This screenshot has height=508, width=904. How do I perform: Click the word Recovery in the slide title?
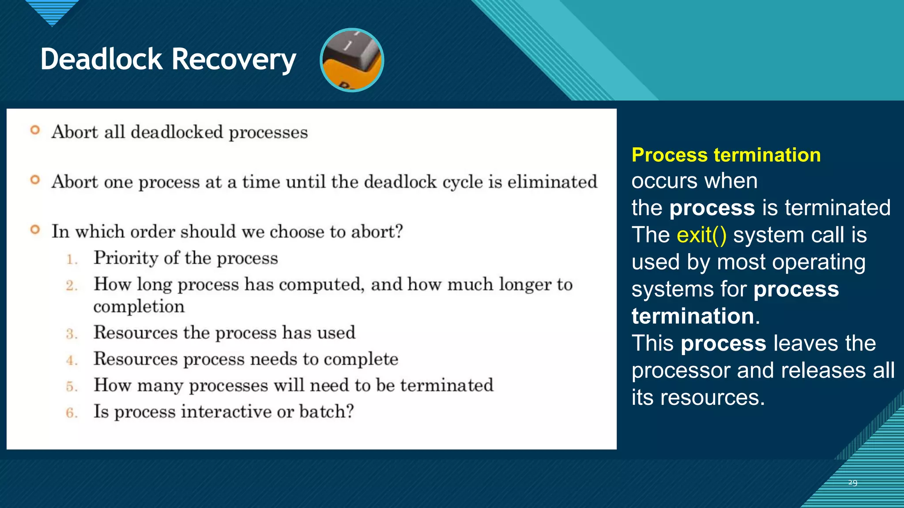(x=234, y=60)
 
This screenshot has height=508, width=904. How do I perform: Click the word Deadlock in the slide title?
(x=102, y=60)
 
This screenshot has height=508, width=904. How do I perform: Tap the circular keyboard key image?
(x=352, y=60)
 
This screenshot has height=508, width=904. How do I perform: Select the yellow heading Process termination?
(x=726, y=155)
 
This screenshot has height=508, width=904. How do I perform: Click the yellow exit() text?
(x=701, y=235)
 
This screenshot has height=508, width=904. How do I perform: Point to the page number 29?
(x=852, y=482)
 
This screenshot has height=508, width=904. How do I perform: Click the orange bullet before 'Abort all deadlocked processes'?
(x=35, y=130)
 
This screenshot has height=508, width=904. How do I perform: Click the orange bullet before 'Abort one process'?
(x=35, y=180)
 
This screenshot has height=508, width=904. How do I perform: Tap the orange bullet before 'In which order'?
(x=35, y=230)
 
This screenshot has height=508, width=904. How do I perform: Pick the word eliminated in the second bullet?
(x=552, y=182)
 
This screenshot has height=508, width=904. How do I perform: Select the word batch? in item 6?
(x=327, y=412)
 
